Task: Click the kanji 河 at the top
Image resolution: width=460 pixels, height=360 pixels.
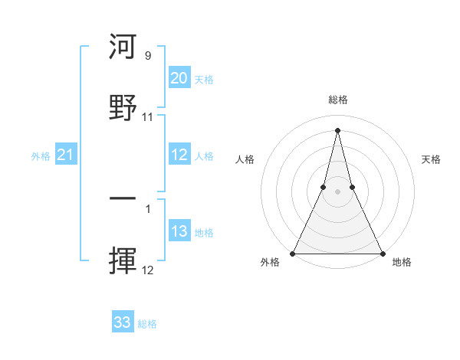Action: (x=123, y=47)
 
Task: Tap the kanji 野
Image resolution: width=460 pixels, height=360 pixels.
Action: (x=123, y=107)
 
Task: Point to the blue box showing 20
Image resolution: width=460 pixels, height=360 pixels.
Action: (x=179, y=78)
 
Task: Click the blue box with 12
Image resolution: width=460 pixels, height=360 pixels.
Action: (x=179, y=155)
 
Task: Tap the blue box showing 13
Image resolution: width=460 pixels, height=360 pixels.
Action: (x=179, y=231)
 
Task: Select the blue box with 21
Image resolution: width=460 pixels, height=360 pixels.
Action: (x=65, y=155)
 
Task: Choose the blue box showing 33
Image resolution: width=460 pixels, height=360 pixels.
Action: (x=123, y=322)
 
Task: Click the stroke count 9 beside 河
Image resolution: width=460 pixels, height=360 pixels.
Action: (x=148, y=56)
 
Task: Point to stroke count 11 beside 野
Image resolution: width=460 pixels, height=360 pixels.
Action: (x=148, y=117)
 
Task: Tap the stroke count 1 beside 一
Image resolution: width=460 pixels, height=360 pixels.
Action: (x=148, y=208)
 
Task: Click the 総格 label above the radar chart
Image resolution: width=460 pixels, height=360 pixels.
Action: (x=337, y=100)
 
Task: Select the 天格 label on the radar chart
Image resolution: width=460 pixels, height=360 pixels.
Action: (x=432, y=159)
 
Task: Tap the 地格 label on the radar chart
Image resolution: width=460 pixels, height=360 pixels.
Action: (x=402, y=263)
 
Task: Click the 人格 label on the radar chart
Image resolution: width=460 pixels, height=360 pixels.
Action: (x=245, y=159)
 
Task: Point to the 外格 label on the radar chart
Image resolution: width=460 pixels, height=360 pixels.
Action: (x=271, y=263)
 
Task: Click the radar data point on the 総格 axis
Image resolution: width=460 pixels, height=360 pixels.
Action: (x=337, y=129)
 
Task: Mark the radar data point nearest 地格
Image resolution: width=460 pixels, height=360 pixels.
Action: (x=382, y=253)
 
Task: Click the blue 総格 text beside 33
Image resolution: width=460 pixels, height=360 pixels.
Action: (x=147, y=324)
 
